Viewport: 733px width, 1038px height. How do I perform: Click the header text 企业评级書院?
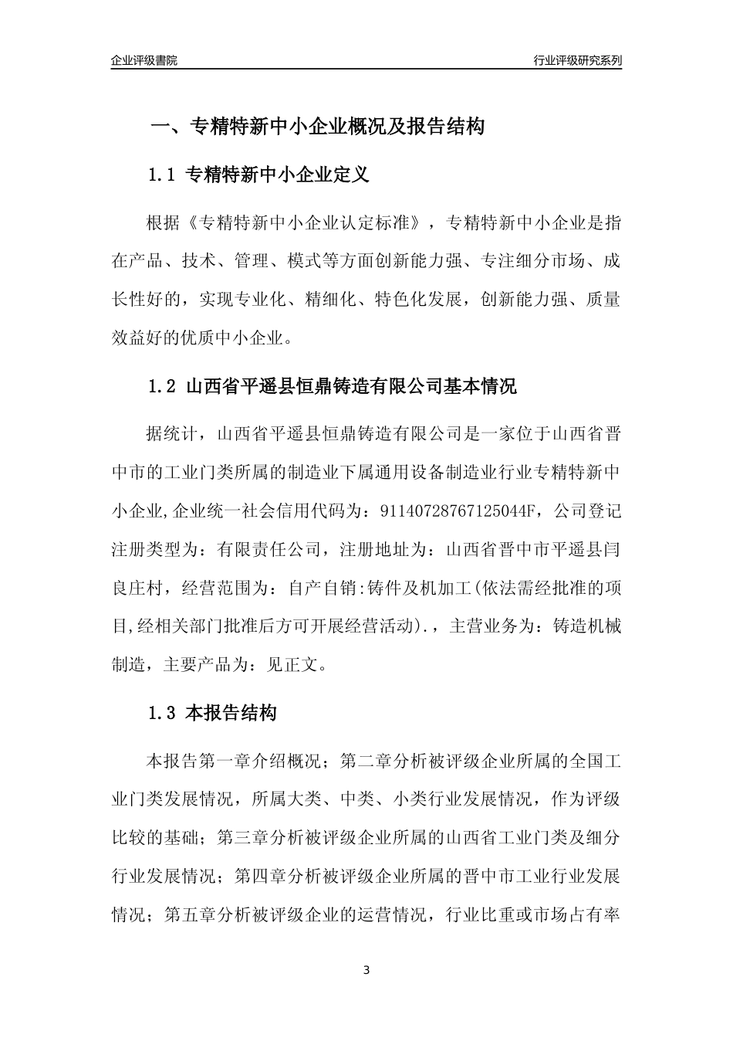tap(144, 60)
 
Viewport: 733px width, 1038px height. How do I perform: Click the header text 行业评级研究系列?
tap(577, 60)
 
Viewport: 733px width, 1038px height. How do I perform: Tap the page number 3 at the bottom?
tap(366, 970)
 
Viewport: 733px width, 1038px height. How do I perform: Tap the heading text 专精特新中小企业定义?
tap(279, 175)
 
